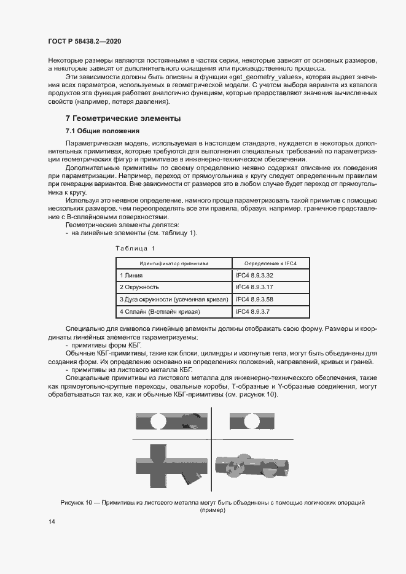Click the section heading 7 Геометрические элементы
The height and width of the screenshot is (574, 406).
tap(123, 118)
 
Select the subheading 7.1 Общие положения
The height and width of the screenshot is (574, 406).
tap(103, 131)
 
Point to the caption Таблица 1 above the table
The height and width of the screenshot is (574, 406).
tap(136, 247)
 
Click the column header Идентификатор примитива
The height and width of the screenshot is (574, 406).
tap(173, 263)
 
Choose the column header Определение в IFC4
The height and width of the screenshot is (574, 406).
tap(270, 263)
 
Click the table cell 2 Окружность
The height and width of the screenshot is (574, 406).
tap(139, 287)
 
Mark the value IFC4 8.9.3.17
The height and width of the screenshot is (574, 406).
tap(255, 287)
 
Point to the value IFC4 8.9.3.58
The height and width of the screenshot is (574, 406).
tap(255, 299)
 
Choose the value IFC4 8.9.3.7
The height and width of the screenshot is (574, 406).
tap(253, 312)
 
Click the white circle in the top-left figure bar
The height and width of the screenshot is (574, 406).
tap(158, 422)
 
